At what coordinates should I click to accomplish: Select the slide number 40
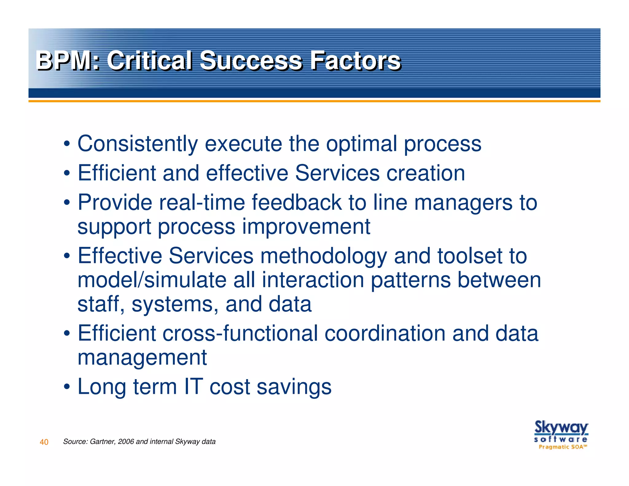(x=44, y=442)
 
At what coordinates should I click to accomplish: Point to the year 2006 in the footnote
(x=126, y=441)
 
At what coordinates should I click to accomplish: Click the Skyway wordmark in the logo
(x=561, y=428)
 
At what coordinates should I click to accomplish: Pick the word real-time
(x=202, y=202)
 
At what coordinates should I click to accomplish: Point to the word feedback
(x=297, y=202)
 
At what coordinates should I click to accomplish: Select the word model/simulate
(x=151, y=280)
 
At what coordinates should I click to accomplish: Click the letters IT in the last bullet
(x=193, y=386)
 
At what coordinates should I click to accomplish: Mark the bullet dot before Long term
(x=67, y=386)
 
